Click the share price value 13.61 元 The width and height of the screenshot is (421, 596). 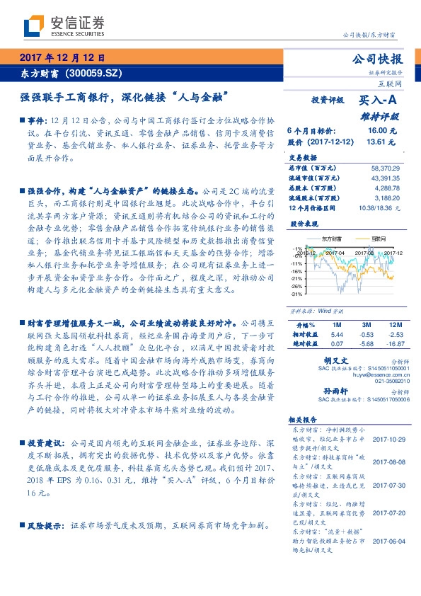(x=376, y=142)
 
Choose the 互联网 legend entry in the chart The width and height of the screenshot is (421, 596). (x=378, y=239)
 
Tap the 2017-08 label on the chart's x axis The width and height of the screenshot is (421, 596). (x=364, y=252)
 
